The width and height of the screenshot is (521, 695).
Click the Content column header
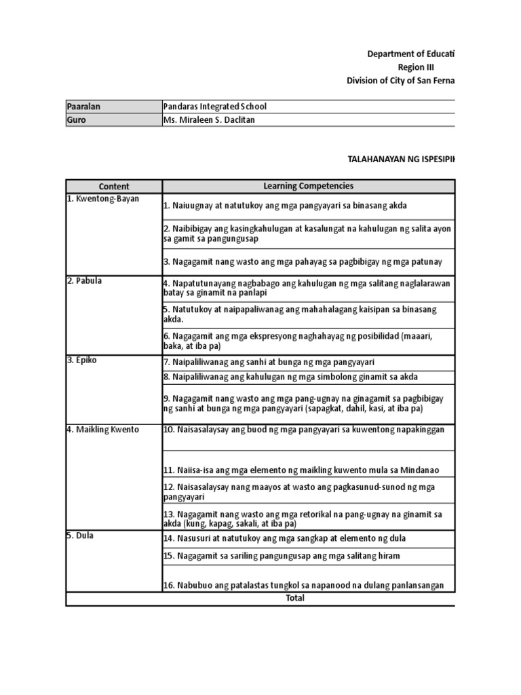114,186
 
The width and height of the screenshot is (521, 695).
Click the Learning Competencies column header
309,186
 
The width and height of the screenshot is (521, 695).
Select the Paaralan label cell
84,107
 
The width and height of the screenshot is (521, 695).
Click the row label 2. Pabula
85,280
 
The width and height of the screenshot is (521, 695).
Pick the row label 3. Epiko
83,360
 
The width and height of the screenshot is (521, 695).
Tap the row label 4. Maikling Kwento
103,430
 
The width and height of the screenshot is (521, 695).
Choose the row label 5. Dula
81,536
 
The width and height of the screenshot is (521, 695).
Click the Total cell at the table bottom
295,598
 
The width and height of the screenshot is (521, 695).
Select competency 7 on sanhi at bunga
269,362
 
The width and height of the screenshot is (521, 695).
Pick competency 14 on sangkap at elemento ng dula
284,538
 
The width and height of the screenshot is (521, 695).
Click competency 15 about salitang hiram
282,556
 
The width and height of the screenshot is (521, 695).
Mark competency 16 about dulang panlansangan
303,586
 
